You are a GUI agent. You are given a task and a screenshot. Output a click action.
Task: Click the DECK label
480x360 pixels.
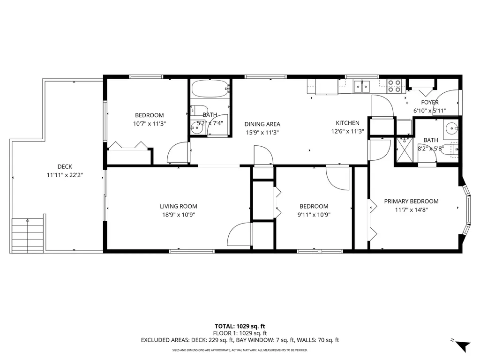[65, 166]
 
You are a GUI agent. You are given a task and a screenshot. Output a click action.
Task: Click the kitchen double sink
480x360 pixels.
[361, 86]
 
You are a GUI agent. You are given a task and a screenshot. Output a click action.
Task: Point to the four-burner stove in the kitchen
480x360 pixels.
[394, 85]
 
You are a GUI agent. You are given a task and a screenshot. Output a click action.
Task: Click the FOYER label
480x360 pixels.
[429, 102]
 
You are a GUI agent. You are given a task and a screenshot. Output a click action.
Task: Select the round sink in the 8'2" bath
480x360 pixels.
[451, 127]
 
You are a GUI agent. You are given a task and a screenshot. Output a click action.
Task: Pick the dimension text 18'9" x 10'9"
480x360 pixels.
[178, 215]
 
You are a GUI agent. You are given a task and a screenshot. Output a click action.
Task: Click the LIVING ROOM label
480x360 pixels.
[178, 206]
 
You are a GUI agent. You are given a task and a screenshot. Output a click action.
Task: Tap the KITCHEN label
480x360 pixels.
[347, 123]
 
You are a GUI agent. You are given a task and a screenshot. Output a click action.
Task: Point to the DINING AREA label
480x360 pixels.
[262, 124]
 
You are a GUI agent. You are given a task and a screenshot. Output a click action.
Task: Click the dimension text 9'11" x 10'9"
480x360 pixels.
[314, 215]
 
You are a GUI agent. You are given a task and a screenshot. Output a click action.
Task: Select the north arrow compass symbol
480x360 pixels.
[462, 346]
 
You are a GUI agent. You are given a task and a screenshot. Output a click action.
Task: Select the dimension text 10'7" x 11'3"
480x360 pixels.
[149, 124]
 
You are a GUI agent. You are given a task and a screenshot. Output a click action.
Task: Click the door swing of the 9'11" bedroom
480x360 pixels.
[337, 178]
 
